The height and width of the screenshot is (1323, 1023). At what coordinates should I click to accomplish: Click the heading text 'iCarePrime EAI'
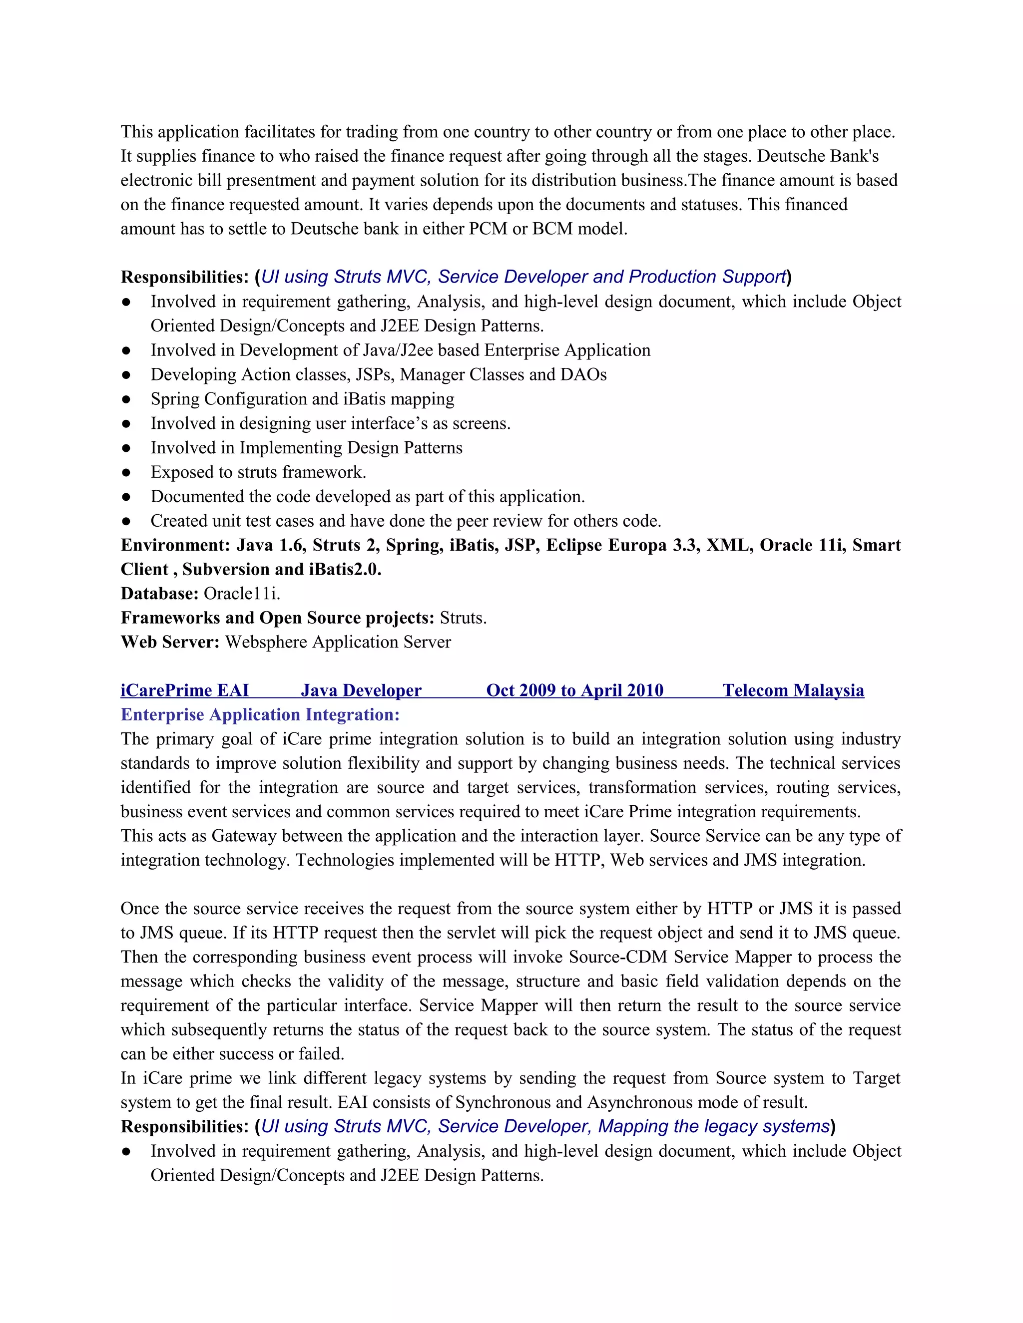(x=185, y=690)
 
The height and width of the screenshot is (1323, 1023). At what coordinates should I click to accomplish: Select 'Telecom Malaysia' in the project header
(x=793, y=690)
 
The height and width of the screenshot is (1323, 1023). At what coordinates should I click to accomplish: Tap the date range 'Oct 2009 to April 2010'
(x=574, y=690)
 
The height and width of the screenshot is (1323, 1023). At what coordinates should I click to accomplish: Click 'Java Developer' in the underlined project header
(x=361, y=690)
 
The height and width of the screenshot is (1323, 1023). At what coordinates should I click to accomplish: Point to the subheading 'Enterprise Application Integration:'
(x=260, y=715)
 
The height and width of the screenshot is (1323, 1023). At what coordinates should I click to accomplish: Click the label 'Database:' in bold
(x=159, y=594)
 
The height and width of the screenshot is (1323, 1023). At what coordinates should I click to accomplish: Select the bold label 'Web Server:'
(x=170, y=642)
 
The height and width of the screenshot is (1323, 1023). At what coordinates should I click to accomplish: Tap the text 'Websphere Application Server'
(x=338, y=642)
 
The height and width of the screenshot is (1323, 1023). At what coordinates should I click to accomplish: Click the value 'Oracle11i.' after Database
(x=242, y=594)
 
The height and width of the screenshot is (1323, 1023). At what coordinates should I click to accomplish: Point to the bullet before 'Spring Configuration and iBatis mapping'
(x=126, y=400)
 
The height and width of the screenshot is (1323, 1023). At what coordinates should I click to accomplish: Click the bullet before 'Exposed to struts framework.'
(x=126, y=472)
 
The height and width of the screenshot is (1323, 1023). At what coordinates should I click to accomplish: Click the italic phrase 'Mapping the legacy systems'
(x=713, y=1126)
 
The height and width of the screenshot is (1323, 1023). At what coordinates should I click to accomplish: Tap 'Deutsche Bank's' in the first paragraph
(x=818, y=156)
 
